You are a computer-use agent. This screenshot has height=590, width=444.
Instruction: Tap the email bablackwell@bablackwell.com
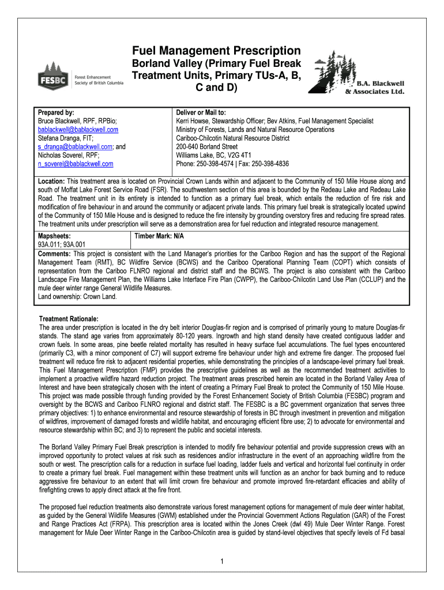tap(78, 130)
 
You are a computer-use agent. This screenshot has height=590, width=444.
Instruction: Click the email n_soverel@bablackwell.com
tap(76, 164)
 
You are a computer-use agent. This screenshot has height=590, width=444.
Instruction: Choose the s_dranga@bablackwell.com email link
tap(75, 147)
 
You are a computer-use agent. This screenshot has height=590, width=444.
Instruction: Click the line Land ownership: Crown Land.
tap(77, 297)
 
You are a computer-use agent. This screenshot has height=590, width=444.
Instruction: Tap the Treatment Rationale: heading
tap(68, 319)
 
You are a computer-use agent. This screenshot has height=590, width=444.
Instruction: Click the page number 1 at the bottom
tap(221, 562)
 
